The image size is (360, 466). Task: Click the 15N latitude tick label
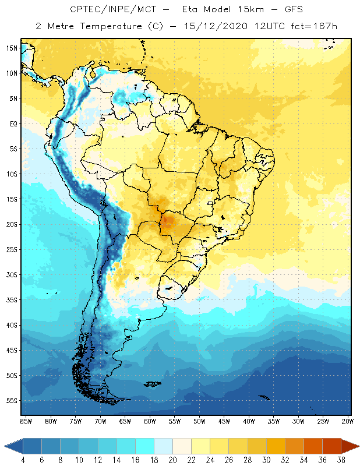point(12,48)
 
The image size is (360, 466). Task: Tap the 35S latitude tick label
point(12,300)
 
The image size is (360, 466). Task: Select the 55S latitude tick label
point(12,401)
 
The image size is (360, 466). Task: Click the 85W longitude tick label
point(26,421)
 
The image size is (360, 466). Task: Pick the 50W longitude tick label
point(199,421)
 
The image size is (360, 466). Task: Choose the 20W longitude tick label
point(347,421)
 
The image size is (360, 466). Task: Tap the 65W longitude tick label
point(125,421)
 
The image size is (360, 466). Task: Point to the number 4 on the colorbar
point(23,460)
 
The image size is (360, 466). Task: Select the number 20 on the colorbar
point(172,460)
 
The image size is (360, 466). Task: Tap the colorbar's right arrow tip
point(358,446)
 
